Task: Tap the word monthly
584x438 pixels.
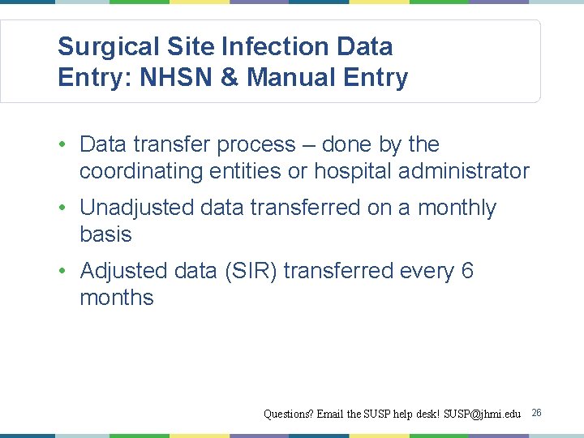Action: [457, 208]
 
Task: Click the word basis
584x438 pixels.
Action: [105, 234]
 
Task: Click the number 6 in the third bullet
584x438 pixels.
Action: [467, 271]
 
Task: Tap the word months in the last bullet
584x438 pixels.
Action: [117, 298]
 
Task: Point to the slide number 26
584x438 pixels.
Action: [536, 414]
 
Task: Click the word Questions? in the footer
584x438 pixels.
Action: [288, 414]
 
